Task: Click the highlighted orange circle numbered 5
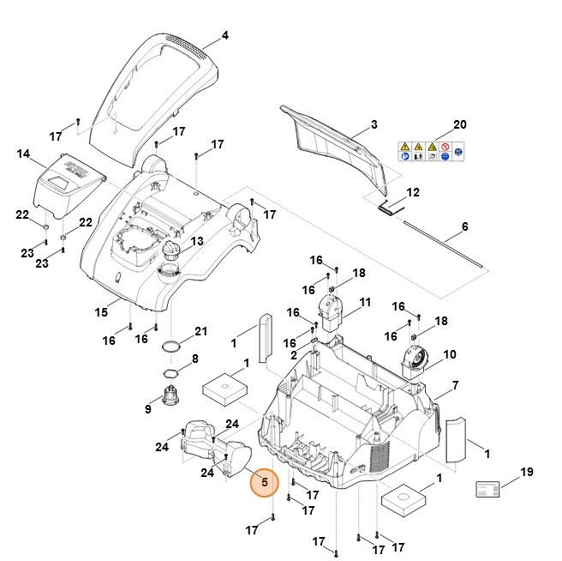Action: click(265, 482)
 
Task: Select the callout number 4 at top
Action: click(225, 36)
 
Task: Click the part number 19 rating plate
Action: click(492, 488)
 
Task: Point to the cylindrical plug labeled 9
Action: click(171, 397)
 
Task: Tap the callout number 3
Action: click(374, 125)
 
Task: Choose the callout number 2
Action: click(294, 355)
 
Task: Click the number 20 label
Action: click(459, 125)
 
